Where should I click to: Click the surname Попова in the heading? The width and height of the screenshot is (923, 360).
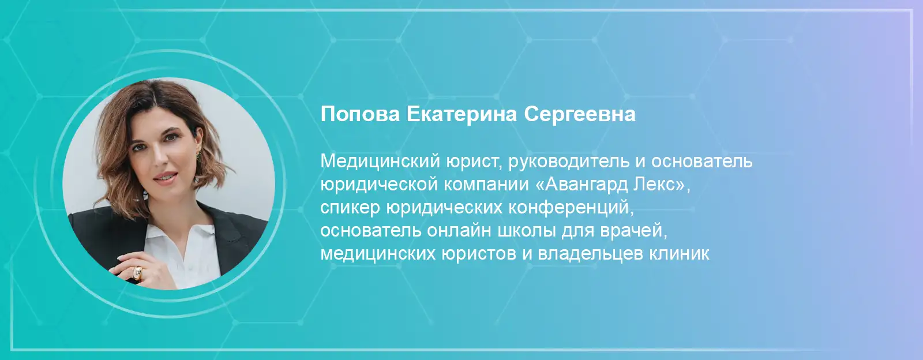[x=360, y=114]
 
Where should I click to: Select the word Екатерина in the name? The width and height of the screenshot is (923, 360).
[x=462, y=114]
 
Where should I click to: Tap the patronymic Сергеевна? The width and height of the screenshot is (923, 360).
[x=580, y=114]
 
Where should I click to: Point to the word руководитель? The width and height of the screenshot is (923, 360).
[x=569, y=161]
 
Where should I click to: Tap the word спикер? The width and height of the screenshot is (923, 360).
[x=350, y=208]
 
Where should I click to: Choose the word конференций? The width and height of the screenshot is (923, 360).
[x=571, y=208]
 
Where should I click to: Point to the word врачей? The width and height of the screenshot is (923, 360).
[x=633, y=231]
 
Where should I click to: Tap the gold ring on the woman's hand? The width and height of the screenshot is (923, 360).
[x=137, y=273]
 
